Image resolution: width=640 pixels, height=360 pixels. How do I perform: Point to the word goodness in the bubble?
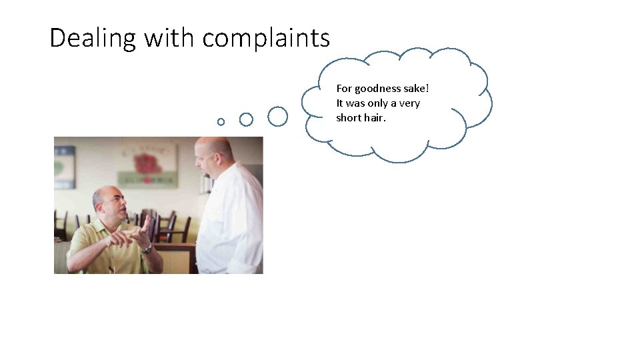[379, 89]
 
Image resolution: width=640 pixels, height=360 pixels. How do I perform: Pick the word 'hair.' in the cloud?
[375, 118]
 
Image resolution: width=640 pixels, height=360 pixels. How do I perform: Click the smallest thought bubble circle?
[221, 121]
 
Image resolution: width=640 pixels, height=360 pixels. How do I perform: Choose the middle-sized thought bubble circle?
[246, 119]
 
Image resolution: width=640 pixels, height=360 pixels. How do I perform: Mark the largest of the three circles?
[277, 117]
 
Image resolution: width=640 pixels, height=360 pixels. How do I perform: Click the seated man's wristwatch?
[147, 249]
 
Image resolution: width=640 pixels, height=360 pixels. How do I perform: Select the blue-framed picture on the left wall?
[64, 167]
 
